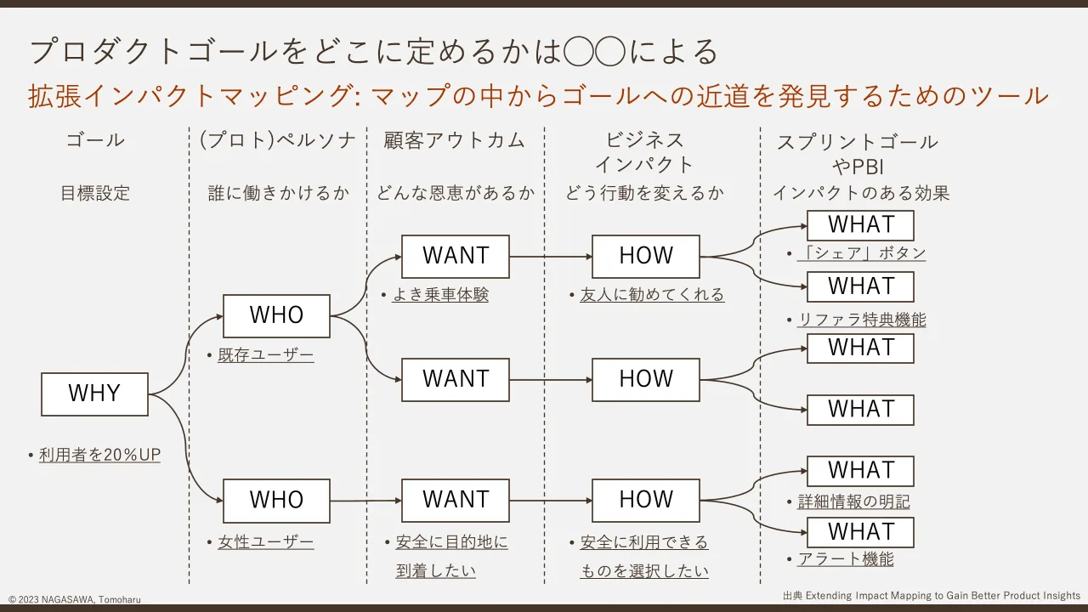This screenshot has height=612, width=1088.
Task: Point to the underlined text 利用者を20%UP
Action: click(x=99, y=455)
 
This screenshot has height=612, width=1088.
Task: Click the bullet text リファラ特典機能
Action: click(x=862, y=320)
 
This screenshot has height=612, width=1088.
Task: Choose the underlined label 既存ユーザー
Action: click(x=266, y=355)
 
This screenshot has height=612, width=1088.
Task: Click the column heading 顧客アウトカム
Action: click(x=455, y=140)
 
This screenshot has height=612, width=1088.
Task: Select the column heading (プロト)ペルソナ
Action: click(x=278, y=140)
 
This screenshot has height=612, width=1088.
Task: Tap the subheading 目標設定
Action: click(x=95, y=193)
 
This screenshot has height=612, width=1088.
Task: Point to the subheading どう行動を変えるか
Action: click(x=644, y=193)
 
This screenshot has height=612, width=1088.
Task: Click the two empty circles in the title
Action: click(x=594, y=50)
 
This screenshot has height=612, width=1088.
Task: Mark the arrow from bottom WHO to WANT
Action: click(x=365, y=501)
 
